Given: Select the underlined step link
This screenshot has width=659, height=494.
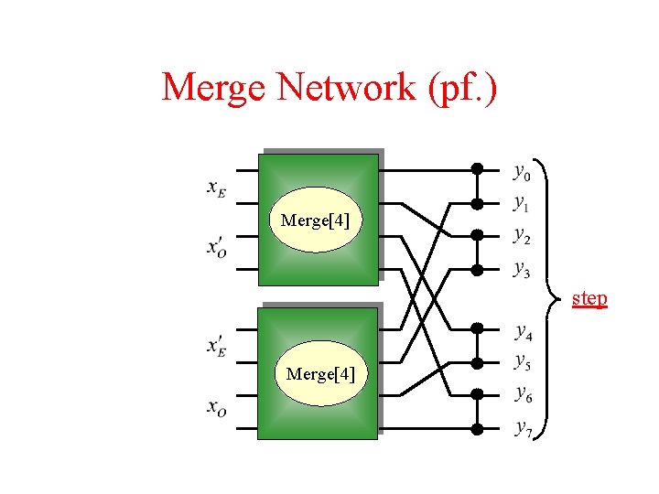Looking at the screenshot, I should pyautogui.click(x=589, y=298).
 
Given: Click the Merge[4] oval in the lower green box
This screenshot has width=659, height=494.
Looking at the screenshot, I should pyautogui.click(x=320, y=373).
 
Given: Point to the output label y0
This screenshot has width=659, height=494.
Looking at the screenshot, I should pyautogui.click(x=521, y=171).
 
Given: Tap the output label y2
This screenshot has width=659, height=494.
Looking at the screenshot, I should pyautogui.click(x=521, y=235).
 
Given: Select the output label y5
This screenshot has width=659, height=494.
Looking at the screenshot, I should pyautogui.click(x=522, y=361).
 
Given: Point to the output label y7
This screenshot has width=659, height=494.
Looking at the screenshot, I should pyautogui.click(x=522, y=427).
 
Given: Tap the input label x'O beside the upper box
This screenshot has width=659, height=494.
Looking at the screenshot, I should pyautogui.click(x=218, y=248).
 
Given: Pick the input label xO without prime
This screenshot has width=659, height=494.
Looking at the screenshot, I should pyautogui.click(x=217, y=408).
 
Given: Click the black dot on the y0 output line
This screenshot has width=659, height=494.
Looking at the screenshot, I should pyautogui.click(x=477, y=168).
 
